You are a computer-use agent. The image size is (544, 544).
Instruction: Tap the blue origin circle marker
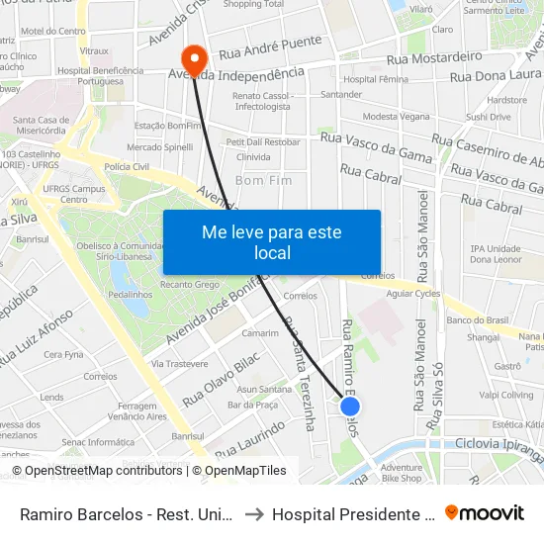[x=350, y=406]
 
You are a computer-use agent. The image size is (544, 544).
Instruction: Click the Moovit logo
[x=485, y=512]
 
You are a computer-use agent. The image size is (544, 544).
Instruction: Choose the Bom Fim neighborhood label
[x=263, y=181]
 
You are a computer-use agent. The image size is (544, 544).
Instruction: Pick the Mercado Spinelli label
[x=159, y=146]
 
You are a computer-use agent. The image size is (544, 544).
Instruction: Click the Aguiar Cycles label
[x=413, y=295]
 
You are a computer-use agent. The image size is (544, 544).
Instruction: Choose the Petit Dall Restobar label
[x=265, y=141]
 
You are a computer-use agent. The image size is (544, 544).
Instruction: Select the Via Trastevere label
[x=152, y=364]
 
